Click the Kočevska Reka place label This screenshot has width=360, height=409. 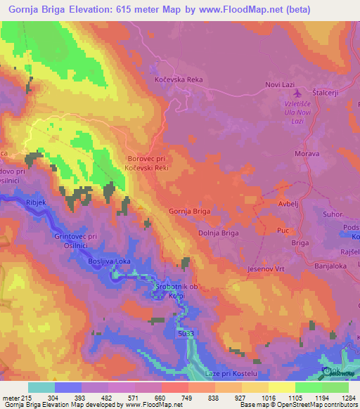[x=179, y=80]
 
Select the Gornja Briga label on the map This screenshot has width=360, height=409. [x=190, y=211]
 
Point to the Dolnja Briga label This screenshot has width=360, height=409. [x=219, y=233]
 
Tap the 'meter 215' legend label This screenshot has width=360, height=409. [x=15, y=397]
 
